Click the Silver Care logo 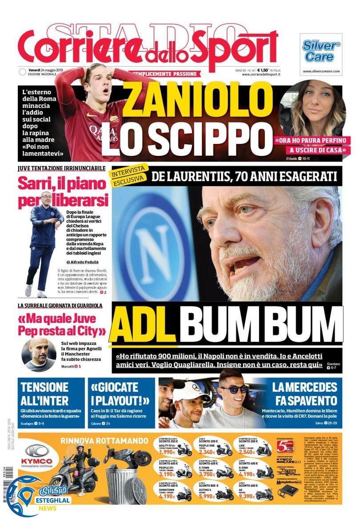321,52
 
